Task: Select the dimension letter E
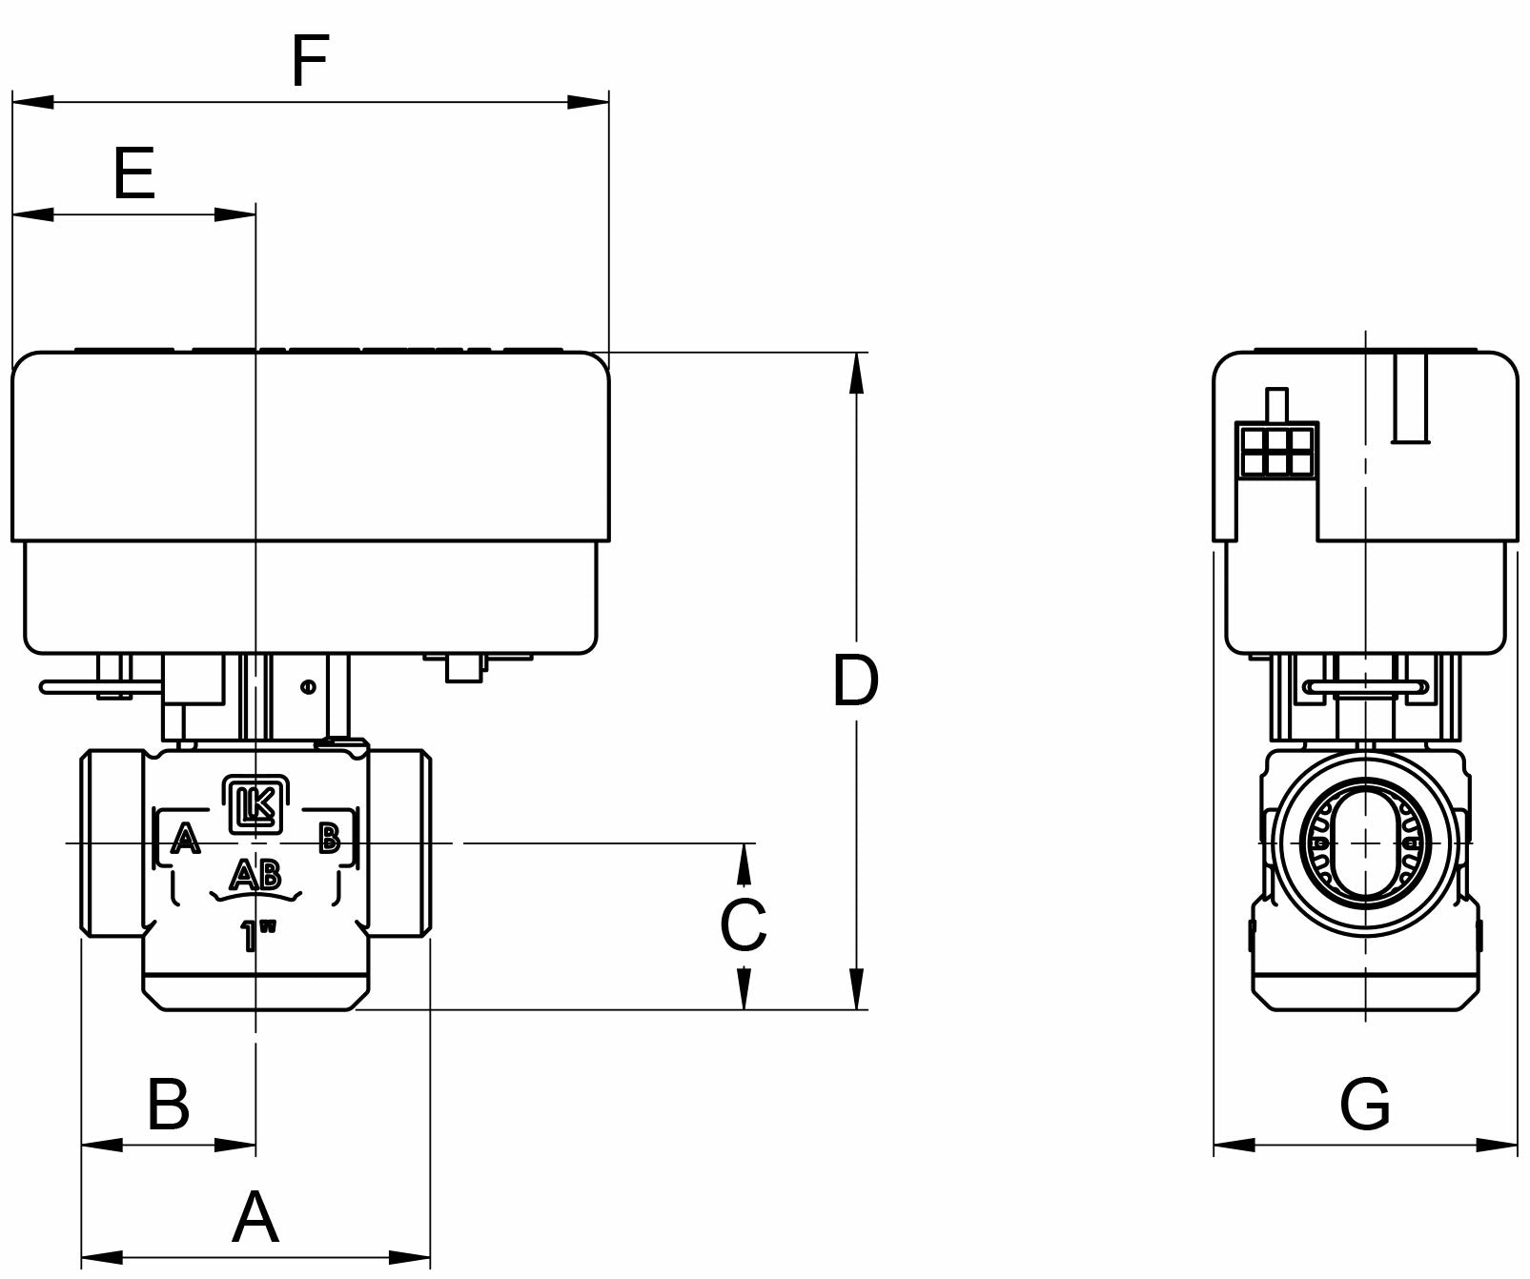tap(134, 174)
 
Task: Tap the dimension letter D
tap(855, 681)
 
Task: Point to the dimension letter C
tap(744, 925)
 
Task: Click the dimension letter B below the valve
tap(169, 1105)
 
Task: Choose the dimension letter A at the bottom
tap(255, 1217)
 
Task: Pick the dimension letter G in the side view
tap(1365, 1105)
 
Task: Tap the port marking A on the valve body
tap(186, 841)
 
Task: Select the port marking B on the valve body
tap(329, 839)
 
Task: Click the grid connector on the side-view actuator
tap(1276, 451)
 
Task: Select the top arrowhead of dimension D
tap(857, 373)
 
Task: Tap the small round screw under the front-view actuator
tap(307, 686)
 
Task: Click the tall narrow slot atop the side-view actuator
tap(1411, 398)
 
